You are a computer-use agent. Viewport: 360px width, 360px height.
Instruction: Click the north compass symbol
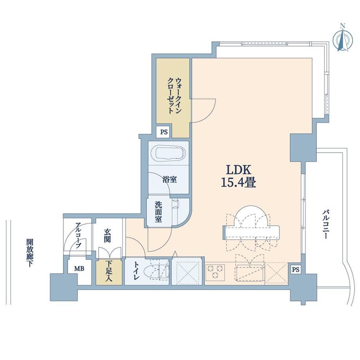(x=342, y=38)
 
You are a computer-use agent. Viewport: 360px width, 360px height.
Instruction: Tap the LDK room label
(x=239, y=170)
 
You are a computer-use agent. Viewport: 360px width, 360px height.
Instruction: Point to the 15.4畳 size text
(x=239, y=183)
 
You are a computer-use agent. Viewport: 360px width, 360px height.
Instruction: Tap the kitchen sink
(x=250, y=273)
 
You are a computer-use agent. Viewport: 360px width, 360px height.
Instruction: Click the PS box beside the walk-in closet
(x=164, y=132)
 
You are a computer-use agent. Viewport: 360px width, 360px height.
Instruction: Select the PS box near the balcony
(x=296, y=270)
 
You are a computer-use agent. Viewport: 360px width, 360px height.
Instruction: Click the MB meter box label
(x=79, y=268)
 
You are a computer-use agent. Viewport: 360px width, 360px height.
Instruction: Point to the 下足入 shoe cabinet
(x=109, y=272)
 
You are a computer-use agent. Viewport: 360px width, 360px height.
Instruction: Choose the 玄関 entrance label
(x=107, y=236)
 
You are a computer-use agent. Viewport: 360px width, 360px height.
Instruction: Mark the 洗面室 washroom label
(x=158, y=212)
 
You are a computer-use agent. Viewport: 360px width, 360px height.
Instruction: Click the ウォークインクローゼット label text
(x=175, y=96)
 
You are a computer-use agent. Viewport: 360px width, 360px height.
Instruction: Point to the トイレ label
(x=136, y=271)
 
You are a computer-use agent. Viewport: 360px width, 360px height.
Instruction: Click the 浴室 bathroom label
(x=169, y=180)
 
